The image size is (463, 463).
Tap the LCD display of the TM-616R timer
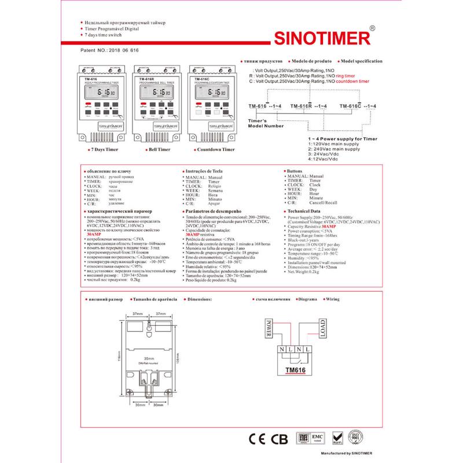tap(152, 92)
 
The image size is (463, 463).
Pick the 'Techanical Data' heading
tap(304, 212)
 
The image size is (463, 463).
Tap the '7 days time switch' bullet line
tap(104, 35)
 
